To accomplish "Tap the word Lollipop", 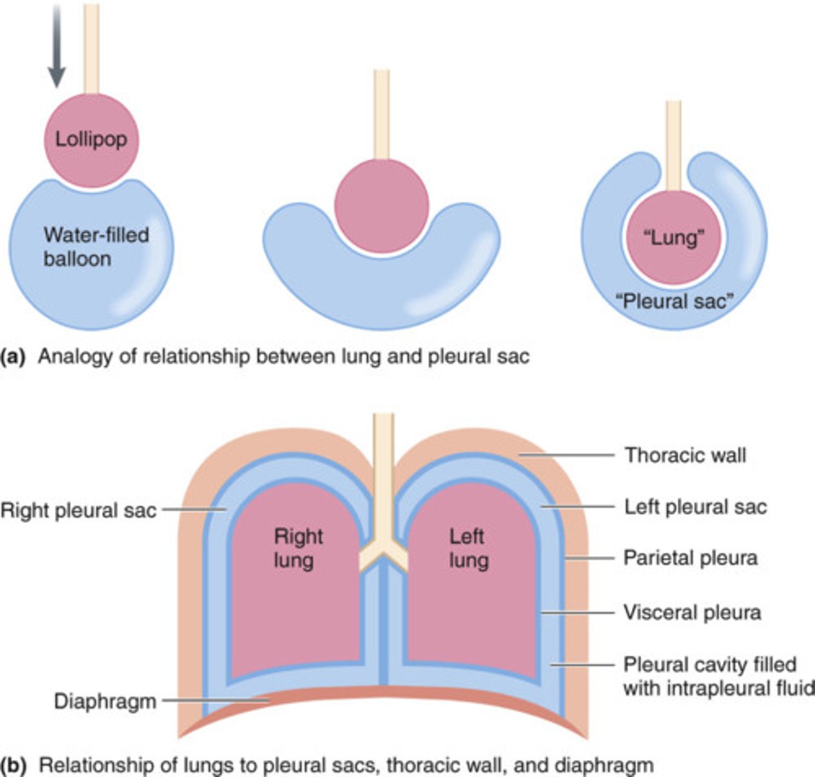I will [91, 139].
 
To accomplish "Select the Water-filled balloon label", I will [96, 247].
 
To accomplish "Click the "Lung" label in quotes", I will [673, 238].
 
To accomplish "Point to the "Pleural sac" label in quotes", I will [673, 301].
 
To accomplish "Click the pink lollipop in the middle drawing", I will [382, 206].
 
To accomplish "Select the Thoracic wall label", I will [685, 455].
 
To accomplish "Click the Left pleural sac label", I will [695, 506].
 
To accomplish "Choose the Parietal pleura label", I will [690, 557].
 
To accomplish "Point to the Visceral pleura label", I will [692, 613].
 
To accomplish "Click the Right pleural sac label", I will [78, 510].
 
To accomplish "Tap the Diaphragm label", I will [105, 701].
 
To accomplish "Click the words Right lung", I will [298, 548].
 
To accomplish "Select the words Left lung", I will [467, 548].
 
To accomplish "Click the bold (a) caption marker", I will [14, 357].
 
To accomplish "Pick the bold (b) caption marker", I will [14, 765].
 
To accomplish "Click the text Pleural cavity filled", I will [710, 665].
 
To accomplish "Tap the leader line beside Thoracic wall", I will [566, 455].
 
